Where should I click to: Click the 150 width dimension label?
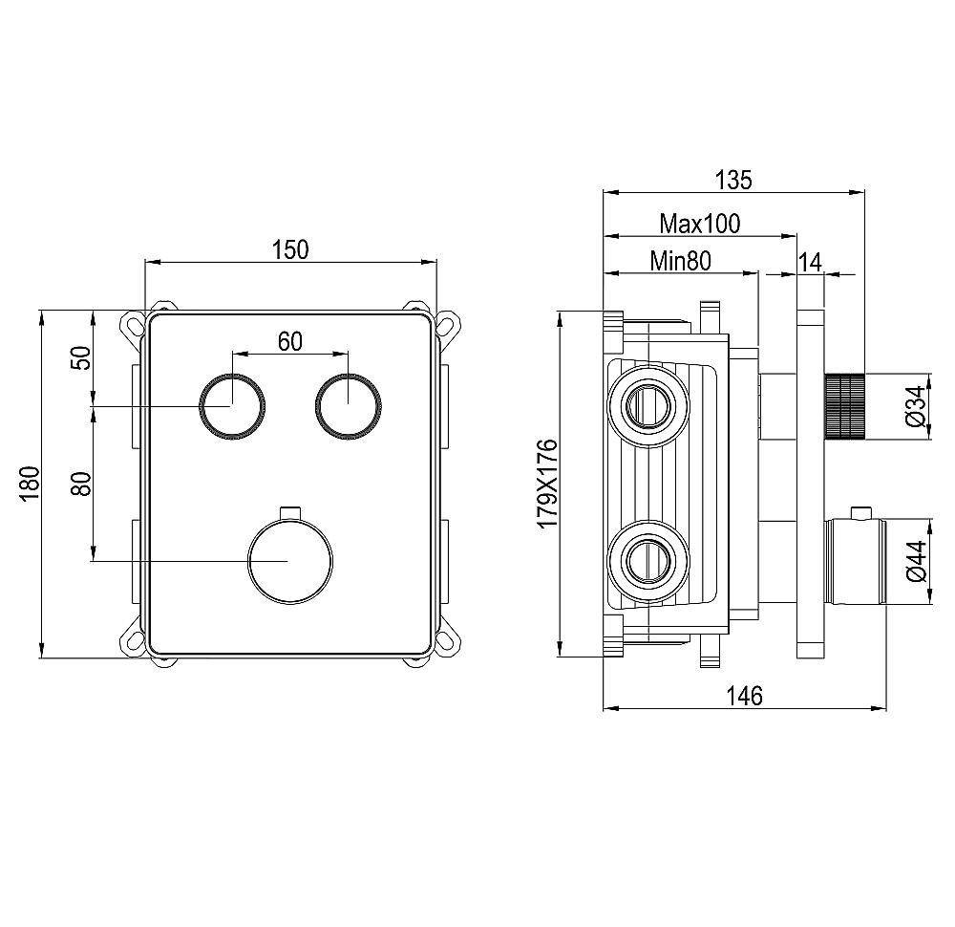tap(290, 249)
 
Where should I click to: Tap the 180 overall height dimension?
tap(30, 484)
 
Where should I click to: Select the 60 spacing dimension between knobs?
tap(290, 342)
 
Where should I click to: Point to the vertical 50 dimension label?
tap(81, 357)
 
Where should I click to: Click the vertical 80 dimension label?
tap(81, 484)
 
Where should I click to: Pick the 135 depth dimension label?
tap(733, 180)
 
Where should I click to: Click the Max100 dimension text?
tap(700, 224)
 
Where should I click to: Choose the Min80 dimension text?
tap(680, 261)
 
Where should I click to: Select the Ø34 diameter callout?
tap(916, 405)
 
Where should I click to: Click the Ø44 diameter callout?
tap(916, 561)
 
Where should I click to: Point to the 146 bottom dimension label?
tap(744, 696)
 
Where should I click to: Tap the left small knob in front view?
tap(232, 405)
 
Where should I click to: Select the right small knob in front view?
tap(349, 405)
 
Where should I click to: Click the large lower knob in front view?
tap(290, 560)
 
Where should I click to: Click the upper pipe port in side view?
tap(648, 405)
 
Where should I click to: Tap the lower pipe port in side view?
tap(648, 561)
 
